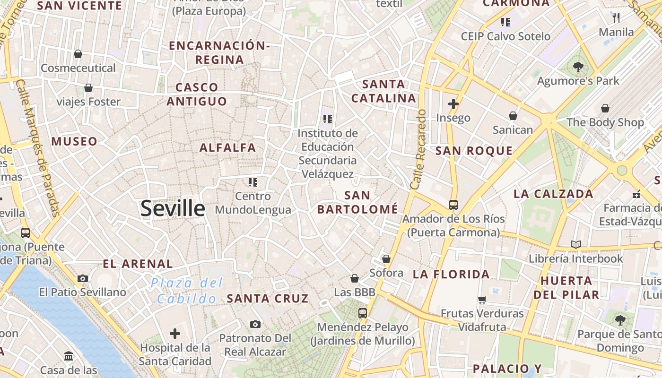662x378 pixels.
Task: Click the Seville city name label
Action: point(173,208)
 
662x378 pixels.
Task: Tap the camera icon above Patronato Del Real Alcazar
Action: point(255,324)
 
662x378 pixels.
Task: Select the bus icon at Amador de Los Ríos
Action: point(453,205)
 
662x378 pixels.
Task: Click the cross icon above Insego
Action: point(453,103)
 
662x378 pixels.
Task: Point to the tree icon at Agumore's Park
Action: point(578,67)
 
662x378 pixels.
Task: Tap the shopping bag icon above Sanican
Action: point(513,116)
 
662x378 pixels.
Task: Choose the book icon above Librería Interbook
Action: point(575,244)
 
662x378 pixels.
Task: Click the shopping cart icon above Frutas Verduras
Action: point(482,300)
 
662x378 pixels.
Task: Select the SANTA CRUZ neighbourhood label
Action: point(268,299)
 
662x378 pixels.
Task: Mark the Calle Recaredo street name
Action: point(418,150)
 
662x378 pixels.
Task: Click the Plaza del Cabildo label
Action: point(187,291)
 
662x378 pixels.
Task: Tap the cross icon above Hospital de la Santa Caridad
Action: point(175,334)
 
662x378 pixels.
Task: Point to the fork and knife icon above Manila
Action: point(616,18)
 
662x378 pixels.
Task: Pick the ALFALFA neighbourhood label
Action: point(228,147)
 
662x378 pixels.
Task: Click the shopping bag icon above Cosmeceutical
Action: point(78,54)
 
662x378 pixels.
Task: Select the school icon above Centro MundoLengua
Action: point(253,182)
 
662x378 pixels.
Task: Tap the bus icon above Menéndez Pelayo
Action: point(363,313)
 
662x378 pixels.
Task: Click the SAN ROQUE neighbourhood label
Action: point(474,151)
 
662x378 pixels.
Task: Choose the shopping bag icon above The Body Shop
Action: point(605,108)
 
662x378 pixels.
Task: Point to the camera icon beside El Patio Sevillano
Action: point(83,278)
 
